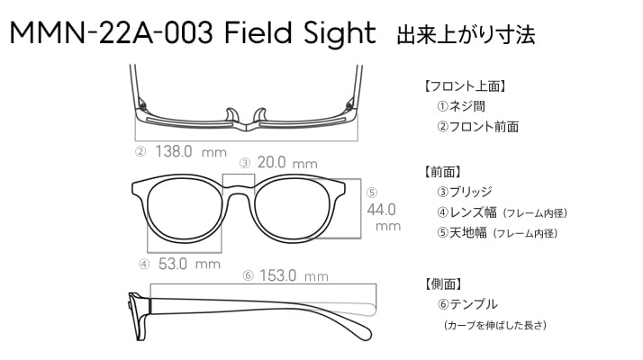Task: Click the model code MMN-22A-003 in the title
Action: tap(111, 32)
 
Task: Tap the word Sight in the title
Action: tap(340, 33)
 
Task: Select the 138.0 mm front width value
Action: tap(191, 152)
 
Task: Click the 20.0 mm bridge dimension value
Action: tap(287, 162)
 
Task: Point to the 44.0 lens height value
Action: tap(381, 210)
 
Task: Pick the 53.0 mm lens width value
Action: tap(189, 264)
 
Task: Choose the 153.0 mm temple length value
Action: tap(294, 275)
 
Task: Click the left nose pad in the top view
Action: tap(231, 115)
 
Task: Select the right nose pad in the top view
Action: tap(260, 115)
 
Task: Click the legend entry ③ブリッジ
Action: tap(465, 192)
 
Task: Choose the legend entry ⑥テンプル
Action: tap(467, 304)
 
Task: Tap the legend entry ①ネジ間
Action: tap(461, 106)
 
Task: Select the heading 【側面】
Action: tap(443, 283)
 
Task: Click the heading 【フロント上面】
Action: tap(466, 86)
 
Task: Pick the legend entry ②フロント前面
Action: tap(477, 127)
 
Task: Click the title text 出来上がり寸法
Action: tap(466, 35)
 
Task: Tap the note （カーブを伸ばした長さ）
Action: tap(495, 325)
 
